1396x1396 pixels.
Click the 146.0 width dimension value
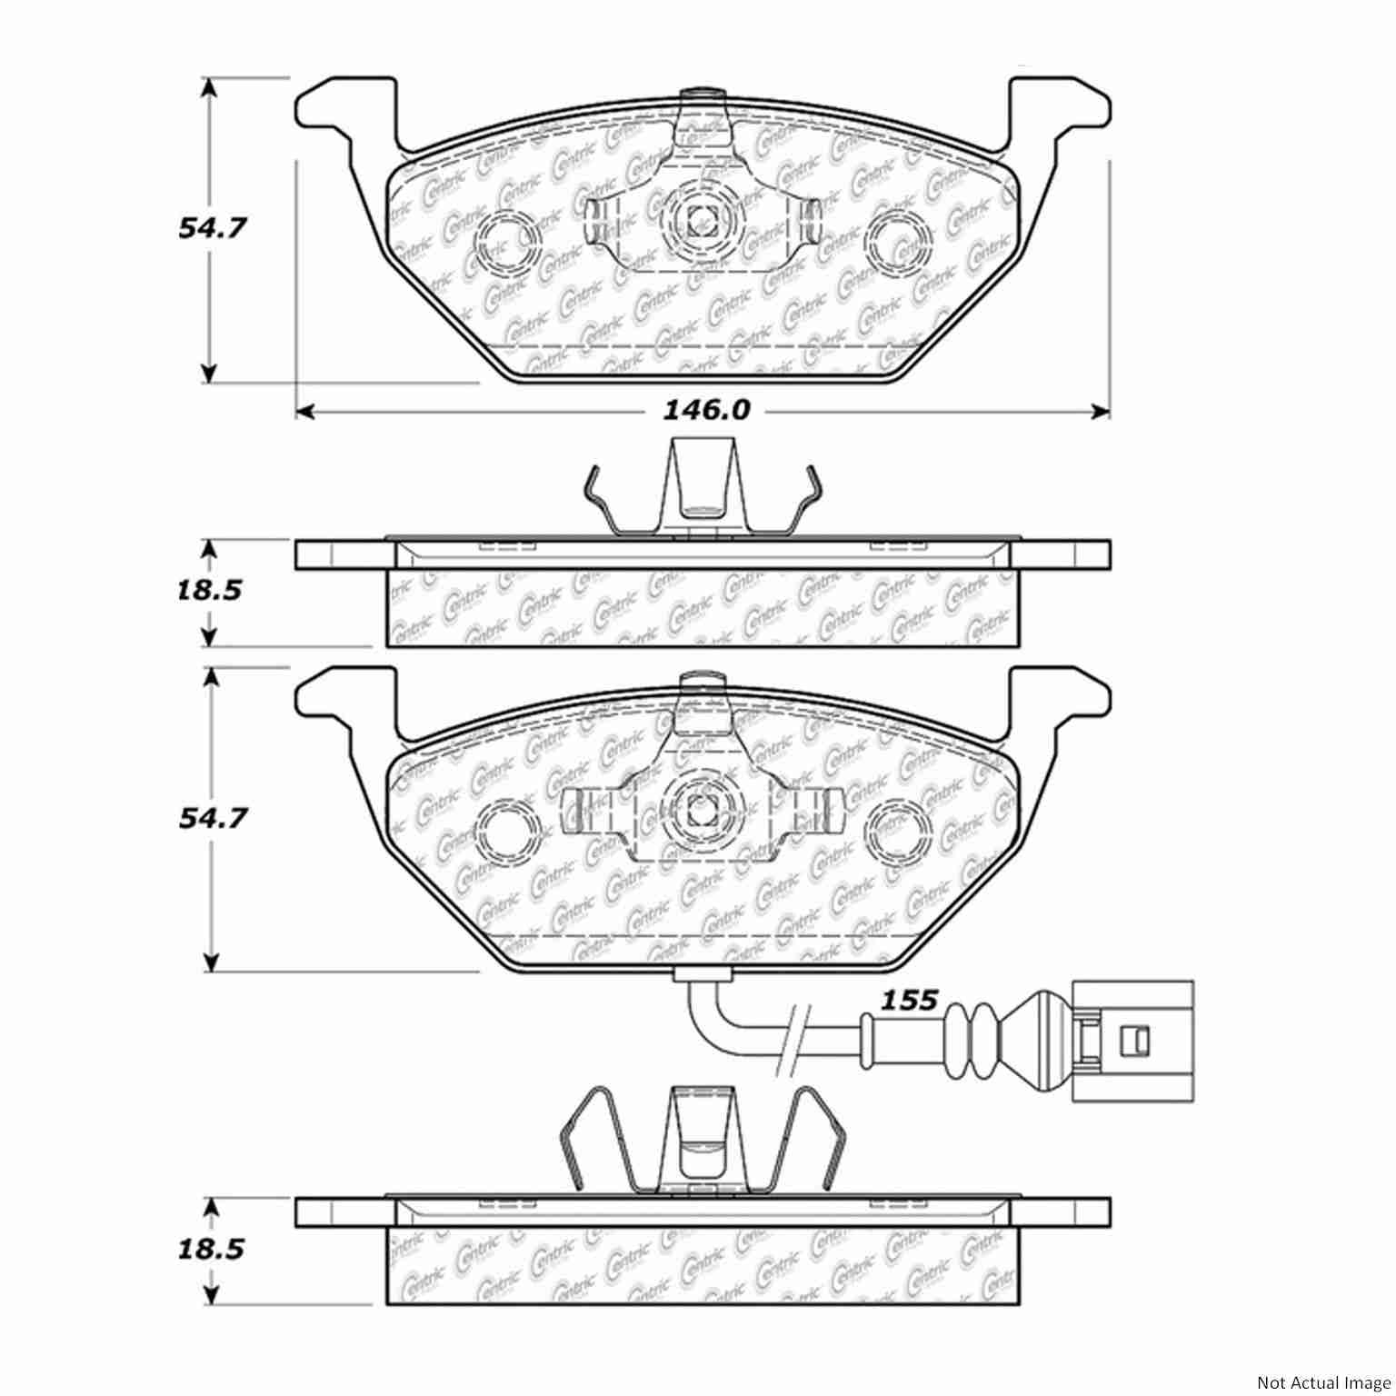click(704, 412)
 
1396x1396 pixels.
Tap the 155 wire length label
click(910, 1001)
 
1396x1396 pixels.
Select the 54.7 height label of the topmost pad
click(211, 228)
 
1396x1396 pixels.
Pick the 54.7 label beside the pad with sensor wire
click(211, 819)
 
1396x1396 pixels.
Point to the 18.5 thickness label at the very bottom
click(211, 1250)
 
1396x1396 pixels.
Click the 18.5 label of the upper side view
click(211, 591)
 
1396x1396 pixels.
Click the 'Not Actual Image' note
click(1322, 1382)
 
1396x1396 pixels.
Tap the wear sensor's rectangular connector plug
click(1131, 1041)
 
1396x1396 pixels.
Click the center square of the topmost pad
click(699, 218)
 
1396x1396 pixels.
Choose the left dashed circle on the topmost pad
click(507, 241)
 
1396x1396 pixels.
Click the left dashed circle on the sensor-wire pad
click(507, 829)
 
